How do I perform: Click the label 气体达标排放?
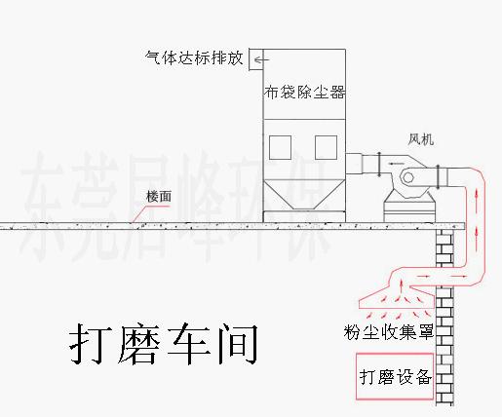[x=194, y=58]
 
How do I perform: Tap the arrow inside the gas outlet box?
[x=261, y=59]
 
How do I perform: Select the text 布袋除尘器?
[x=304, y=92]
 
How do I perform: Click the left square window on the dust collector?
[x=280, y=147]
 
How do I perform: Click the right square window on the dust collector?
[x=326, y=147]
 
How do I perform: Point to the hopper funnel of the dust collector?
[x=304, y=195]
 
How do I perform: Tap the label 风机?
[x=421, y=139]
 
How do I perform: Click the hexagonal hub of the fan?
[x=407, y=177]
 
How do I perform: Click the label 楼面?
[x=159, y=197]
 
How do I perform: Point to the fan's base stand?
[x=409, y=208]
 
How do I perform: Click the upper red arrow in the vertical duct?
[x=477, y=197]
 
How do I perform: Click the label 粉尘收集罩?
[x=389, y=331]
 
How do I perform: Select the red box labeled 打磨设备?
[x=395, y=376]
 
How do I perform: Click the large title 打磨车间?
[x=164, y=343]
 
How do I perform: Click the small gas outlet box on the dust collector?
[x=256, y=59]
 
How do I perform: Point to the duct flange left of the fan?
[x=379, y=165]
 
